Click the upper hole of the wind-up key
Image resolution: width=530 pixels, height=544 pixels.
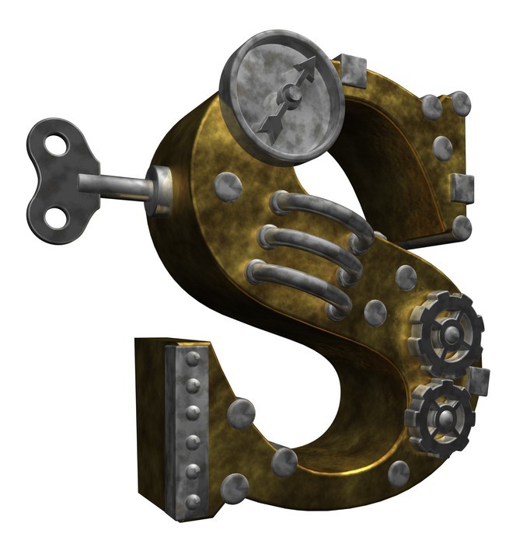(x=57, y=145)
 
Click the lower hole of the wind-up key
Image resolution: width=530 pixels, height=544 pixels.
(x=57, y=218)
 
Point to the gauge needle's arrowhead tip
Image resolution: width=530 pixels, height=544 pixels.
(x=316, y=57)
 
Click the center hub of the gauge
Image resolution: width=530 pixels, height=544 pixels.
(x=291, y=94)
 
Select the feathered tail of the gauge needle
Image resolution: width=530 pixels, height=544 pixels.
(x=269, y=128)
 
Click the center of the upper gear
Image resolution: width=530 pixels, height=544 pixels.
(x=451, y=336)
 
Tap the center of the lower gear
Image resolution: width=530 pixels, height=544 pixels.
(x=444, y=420)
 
